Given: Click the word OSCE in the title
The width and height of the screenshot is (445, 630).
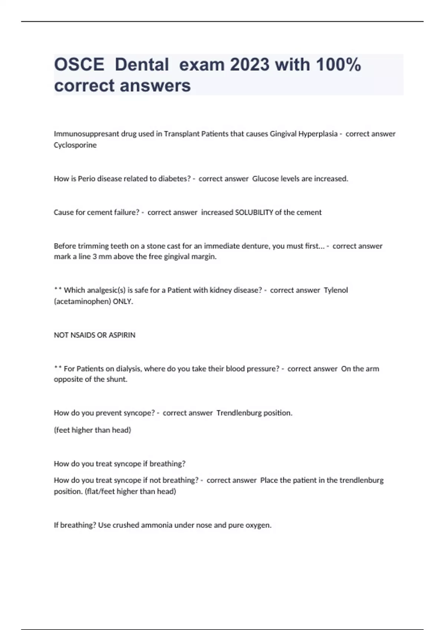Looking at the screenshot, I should tap(79, 65).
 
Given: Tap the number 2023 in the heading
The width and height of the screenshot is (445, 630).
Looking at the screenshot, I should tap(250, 65).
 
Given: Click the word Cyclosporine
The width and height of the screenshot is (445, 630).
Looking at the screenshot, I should tap(75, 145).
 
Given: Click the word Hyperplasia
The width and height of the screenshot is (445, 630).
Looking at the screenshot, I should tap(318, 134).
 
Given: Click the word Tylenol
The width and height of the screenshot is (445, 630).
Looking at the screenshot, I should tap(336, 290).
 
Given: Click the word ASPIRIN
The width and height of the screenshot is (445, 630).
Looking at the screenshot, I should tap(123, 335).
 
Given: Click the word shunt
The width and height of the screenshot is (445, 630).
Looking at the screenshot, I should tap(116, 379).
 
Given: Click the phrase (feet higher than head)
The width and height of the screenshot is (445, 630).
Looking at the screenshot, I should tap(92, 430).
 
